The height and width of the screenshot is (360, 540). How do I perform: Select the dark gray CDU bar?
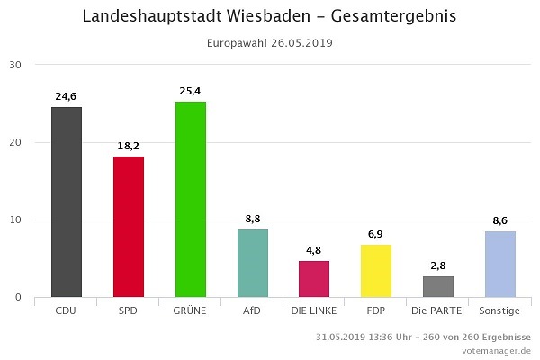(x=67, y=202)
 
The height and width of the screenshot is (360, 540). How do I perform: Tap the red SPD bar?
(x=129, y=227)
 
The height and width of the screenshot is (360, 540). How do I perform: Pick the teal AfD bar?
(x=253, y=263)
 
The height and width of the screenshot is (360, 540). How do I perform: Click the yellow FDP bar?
(x=376, y=270)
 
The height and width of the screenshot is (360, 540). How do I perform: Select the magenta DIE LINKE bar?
(x=314, y=278)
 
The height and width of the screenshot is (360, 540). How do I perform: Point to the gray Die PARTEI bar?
(x=438, y=286)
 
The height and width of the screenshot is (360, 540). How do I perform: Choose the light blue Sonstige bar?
(x=500, y=264)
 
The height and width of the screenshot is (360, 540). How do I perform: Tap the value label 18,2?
(x=129, y=145)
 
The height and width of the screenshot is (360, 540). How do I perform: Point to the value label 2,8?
(x=438, y=265)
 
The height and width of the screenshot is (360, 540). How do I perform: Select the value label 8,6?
(x=500, y=220)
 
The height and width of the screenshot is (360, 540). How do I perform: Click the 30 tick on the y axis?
(x=16, y=65)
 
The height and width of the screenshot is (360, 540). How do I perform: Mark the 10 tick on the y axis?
(x=16, y=220)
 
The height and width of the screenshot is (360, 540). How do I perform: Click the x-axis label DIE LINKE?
(x=314, y=310)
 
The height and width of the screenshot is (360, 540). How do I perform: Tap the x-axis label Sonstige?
(x=500, y=310)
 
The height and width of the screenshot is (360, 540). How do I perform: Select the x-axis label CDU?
(x=67, y=310)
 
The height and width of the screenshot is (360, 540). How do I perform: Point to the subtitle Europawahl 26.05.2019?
(x=269, y=43)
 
